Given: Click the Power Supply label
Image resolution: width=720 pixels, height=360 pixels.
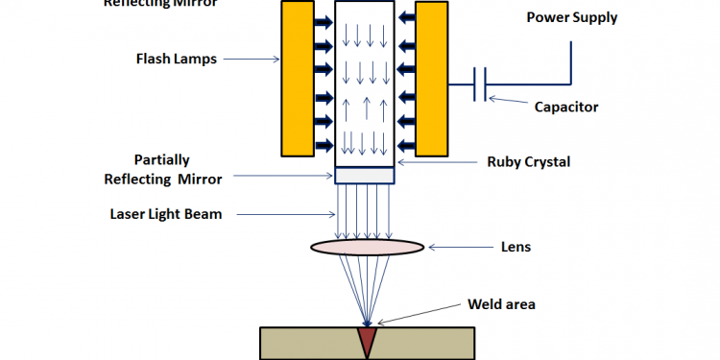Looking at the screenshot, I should [x=570, y=17].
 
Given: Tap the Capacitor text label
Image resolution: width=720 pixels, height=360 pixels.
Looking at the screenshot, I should [x=566, y=107].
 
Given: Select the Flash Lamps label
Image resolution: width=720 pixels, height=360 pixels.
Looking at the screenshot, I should [x=176, y=58].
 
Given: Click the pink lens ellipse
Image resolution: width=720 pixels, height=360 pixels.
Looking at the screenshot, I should [x=368, y=247].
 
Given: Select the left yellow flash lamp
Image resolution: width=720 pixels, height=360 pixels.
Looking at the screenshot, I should [x=297, y=78].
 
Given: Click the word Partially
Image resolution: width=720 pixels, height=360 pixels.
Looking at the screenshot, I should [x=162, y=159].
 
